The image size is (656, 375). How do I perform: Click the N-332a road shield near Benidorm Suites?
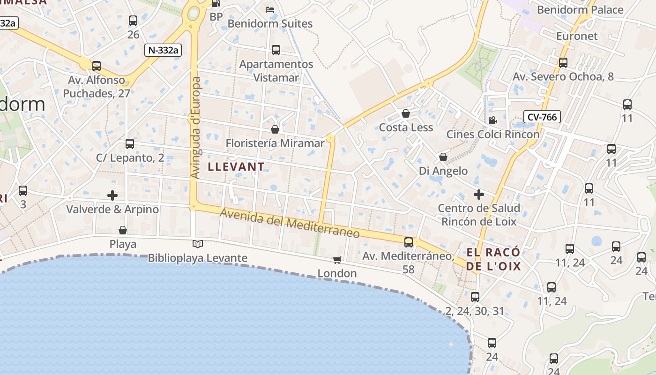pos(163,50)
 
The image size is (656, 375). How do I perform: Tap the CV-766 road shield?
pos(542,117)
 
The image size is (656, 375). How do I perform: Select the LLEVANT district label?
pos(236,166)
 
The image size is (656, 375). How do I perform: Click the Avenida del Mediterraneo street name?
pos(290,223)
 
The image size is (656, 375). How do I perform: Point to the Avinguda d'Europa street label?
pos(196,127)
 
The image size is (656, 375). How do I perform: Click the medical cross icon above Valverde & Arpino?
pos(112,195)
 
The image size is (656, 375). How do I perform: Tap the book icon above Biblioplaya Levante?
pos(198,244)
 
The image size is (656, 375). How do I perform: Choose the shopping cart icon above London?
pos(337,259)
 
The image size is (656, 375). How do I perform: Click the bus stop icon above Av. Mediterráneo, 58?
pos(409,242)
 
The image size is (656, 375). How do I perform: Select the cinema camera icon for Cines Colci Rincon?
pos(492,120)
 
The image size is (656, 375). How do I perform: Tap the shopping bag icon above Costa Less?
pos(406,113)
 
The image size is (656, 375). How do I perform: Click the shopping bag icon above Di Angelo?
pos(443,157)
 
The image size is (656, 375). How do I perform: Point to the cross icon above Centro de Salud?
pos(479,194)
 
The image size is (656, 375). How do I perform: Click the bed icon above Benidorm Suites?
pos(270,9)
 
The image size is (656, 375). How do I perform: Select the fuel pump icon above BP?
pos(216,3)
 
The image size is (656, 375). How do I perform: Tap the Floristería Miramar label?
pos(275,143)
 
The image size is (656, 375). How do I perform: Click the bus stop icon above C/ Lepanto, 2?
pos(130,144)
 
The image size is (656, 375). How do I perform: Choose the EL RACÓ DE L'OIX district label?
pos(494,259)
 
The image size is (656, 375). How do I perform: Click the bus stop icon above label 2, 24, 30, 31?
pos(475,297)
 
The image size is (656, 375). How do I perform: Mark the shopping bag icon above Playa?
pos(123,230)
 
